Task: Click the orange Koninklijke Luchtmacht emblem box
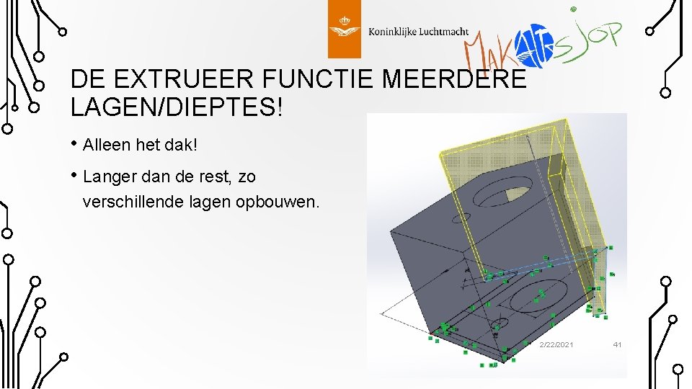coord(344,29)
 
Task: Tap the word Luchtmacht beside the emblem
coord(443,32)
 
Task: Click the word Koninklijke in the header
coord(392,32)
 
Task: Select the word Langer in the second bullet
coord(108,176)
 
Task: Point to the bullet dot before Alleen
coord(75,144)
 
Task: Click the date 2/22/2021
coord(556,345)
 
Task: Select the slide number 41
coord(617,345)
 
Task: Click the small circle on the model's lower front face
coord(500,318)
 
